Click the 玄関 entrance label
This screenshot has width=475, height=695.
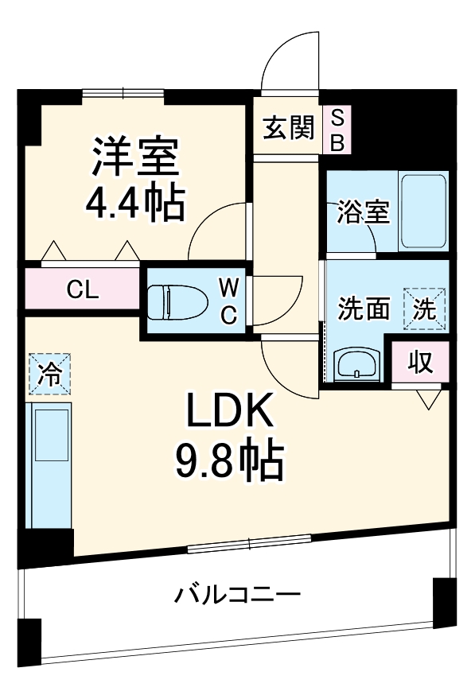(x=289, y=127)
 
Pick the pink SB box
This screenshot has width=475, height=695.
(x=337, y=130)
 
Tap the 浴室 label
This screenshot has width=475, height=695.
(x=363, y=212)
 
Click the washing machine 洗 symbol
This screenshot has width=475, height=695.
(x=425, y=309)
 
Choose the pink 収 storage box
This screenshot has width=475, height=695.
(x=420, y=362)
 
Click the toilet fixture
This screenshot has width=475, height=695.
(x=177, y=301)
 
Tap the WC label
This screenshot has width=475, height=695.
(x=228, y=301)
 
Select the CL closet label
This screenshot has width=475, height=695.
(x=82, y=289)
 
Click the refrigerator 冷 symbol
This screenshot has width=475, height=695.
(x=50, y=374)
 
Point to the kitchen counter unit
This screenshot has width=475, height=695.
(x=49, y=465)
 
